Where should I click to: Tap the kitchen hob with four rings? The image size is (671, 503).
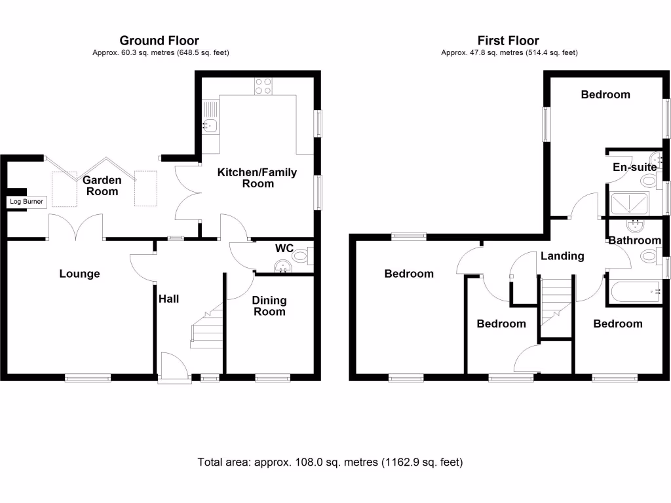tap(263, 86)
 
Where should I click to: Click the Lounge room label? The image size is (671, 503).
tap(79, 274)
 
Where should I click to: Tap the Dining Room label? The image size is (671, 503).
tap(269, 306)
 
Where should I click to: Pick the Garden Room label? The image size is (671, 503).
tap(102, 186)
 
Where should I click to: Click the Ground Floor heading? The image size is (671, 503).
tap(159, 41)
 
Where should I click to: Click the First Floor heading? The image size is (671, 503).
tap(508, 41)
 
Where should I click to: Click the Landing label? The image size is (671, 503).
tap(562, 256)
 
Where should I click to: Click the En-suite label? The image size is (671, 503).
tap(634, 168)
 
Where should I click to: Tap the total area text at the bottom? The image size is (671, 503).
tap(330, 462)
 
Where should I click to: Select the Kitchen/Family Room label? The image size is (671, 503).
tap(257, 178)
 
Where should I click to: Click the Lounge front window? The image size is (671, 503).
tap(88, 377)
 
